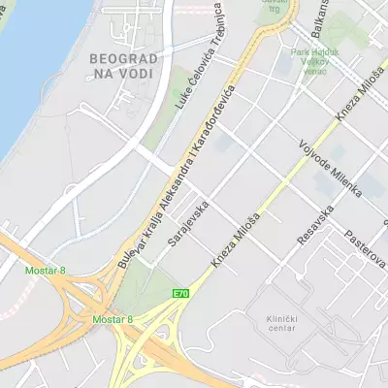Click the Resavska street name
[x=316, y=224]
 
